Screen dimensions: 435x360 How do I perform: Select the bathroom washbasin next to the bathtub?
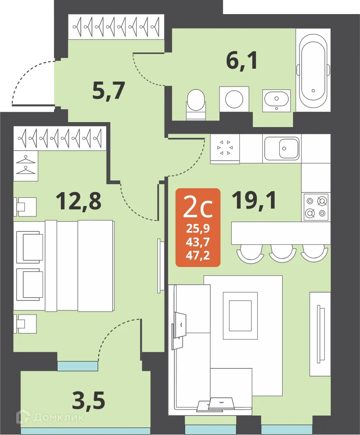[277, 100]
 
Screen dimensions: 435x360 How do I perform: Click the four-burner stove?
[316, 207]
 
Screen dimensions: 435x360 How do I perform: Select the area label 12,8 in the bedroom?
[78, 201]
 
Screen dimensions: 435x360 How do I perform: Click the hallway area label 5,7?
[109, 91]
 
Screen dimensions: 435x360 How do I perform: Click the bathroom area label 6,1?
[242, 61]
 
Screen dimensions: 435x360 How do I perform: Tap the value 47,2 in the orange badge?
[198, 255]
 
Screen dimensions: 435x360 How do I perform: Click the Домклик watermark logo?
[50, 417]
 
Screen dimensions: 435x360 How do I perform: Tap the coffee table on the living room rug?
[237, 315]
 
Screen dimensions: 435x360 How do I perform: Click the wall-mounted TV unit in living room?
[320, 334]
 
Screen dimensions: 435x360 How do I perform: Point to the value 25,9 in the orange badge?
[198, 228]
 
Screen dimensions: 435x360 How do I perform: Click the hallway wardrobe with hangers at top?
[116, 27]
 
